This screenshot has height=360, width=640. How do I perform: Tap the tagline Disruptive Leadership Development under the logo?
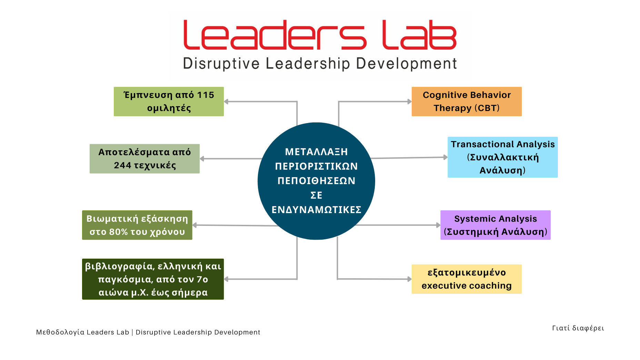coord(320,64)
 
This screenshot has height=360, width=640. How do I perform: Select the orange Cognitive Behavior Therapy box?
coord(467,101)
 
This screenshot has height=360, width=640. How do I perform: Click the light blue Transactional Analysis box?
coord(502,157)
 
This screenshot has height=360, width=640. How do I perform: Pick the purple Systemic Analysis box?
coord(495,225)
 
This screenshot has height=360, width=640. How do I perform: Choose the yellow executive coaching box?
coord(467,279)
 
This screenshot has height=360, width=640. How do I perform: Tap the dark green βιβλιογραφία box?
coord(153,279)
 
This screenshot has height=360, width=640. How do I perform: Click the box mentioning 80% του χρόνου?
coord(137,225)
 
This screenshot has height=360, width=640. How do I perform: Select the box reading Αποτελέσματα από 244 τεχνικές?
coord(144,159)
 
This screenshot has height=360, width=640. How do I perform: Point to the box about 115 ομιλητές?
coord(169,101)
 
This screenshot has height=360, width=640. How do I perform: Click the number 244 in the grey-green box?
coord(122,166)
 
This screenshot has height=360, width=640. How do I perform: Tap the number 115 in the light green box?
coord(206,95)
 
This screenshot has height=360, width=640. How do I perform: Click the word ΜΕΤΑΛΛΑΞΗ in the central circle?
coord(316,152)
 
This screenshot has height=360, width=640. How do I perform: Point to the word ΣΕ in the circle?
coord(316,195)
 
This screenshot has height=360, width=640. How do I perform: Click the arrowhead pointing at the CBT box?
coord(410,102)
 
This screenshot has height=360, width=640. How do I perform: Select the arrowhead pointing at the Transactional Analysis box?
coord(446,157)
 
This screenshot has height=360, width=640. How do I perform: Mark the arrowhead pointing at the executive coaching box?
coord(410,279)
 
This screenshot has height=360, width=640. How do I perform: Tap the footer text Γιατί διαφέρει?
coord(578,328)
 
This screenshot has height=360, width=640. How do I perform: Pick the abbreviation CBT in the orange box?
coord(487,108)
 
